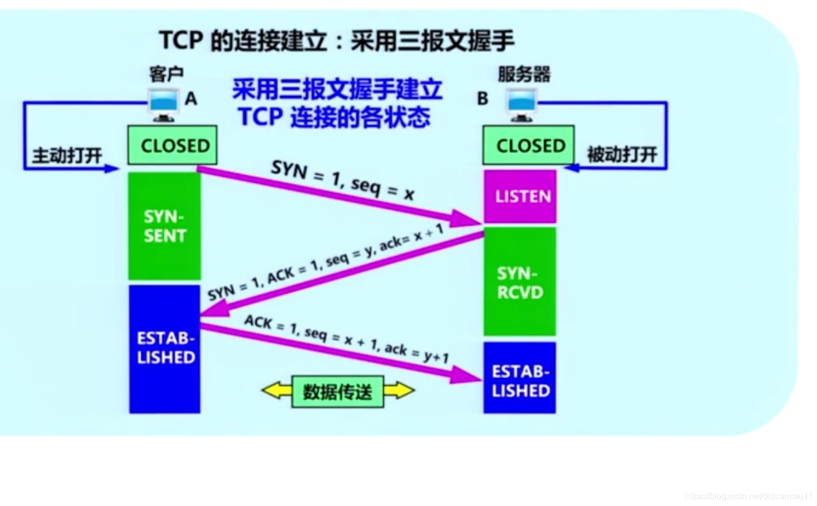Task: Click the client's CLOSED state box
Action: pos(172,145)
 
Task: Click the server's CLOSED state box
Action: pos(528,145)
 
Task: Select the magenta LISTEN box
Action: pos(520,196)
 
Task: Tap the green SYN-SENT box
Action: pos(164,226)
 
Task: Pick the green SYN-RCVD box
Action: pos(520,282)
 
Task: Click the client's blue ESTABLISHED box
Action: pos(165,348)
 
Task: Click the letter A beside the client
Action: pos(191,99)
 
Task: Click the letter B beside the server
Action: pos(482,99)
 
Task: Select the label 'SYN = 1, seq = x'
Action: pos(343,179)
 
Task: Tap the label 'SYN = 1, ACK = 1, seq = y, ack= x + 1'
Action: pos(326,263)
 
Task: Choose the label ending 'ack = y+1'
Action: pos(347,338)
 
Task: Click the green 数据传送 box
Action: pos(337,392)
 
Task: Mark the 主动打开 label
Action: pos(67,156)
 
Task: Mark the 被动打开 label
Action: pos(622,155)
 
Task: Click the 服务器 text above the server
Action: pos(524,74)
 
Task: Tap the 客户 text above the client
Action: pos(167,74)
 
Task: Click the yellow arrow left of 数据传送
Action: pos(276,391)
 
